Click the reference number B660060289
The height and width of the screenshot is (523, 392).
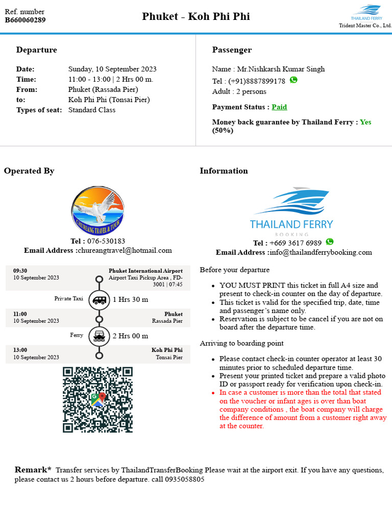25,20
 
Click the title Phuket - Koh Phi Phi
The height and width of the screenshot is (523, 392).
196,16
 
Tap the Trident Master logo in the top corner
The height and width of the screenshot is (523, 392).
368,13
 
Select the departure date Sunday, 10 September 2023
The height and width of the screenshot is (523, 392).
112,69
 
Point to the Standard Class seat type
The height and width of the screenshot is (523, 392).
92,110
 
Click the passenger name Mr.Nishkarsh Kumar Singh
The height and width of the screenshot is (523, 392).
281,69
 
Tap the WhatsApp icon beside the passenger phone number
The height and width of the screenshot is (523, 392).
293,80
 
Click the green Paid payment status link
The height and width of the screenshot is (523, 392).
279,107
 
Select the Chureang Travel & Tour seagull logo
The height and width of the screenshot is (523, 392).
97,210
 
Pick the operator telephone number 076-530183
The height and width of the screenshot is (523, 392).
106,241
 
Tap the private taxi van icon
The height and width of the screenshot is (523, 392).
99,299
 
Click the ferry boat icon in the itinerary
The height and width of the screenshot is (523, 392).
99,336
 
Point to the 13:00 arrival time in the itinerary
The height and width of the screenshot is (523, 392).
20,350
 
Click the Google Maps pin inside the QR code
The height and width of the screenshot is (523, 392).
97,399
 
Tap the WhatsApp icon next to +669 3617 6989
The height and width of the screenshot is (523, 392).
330,242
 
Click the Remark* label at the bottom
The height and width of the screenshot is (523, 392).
33,469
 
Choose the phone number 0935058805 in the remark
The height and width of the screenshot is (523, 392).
184,480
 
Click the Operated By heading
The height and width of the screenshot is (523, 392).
29,171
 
